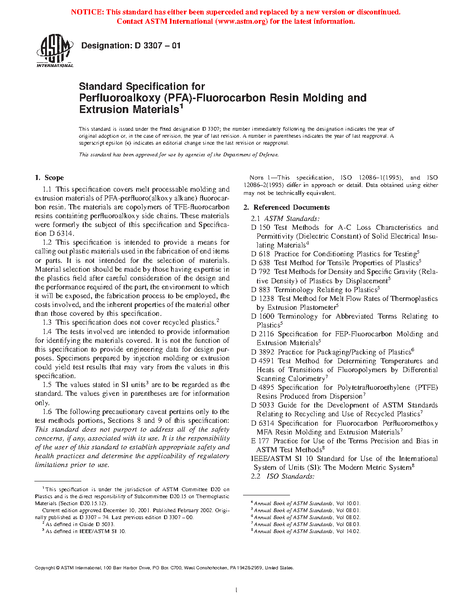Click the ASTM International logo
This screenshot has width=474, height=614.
point(55,51)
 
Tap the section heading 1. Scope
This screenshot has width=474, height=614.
point(49,178)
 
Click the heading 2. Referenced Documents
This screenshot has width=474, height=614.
point(287,207)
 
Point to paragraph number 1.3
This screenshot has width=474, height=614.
point(47,322)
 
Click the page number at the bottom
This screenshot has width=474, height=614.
point(237,590)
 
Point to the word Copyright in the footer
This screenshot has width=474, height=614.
point(45,567)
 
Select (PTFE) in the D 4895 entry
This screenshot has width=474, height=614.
point(427,387)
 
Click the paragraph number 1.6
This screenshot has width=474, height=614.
point(47,412)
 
